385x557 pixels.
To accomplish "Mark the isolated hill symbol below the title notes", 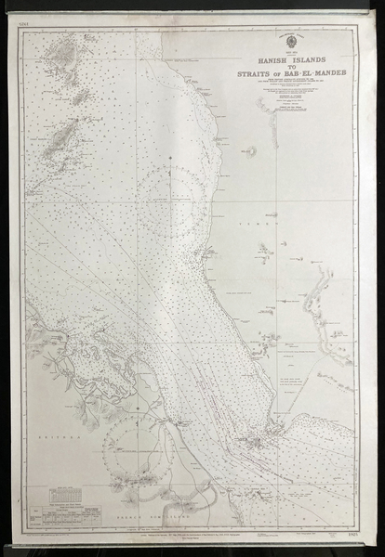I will coord(249,149).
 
